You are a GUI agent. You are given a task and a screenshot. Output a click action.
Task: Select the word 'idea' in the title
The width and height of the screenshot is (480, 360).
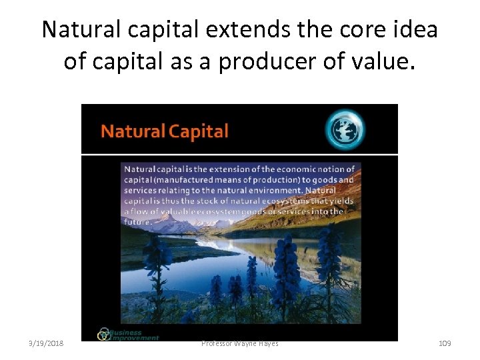pos(415,30)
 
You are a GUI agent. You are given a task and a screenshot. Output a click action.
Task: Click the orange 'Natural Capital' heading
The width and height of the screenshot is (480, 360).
pos(164,131)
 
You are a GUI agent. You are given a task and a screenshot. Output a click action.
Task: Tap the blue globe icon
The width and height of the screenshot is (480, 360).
pos(345,129)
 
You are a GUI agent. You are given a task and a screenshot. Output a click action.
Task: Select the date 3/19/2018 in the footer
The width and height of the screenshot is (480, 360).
pos(47,343)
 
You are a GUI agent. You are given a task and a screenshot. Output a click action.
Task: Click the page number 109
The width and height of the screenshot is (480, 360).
pos(445,343)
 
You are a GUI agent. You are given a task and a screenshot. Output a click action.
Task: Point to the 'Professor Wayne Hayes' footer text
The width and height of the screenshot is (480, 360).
pos(240,343)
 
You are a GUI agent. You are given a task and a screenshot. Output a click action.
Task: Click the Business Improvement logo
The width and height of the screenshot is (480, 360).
pos(129,334)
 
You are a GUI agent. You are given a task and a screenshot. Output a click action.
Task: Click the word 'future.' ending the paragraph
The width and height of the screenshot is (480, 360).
pos(138,221)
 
